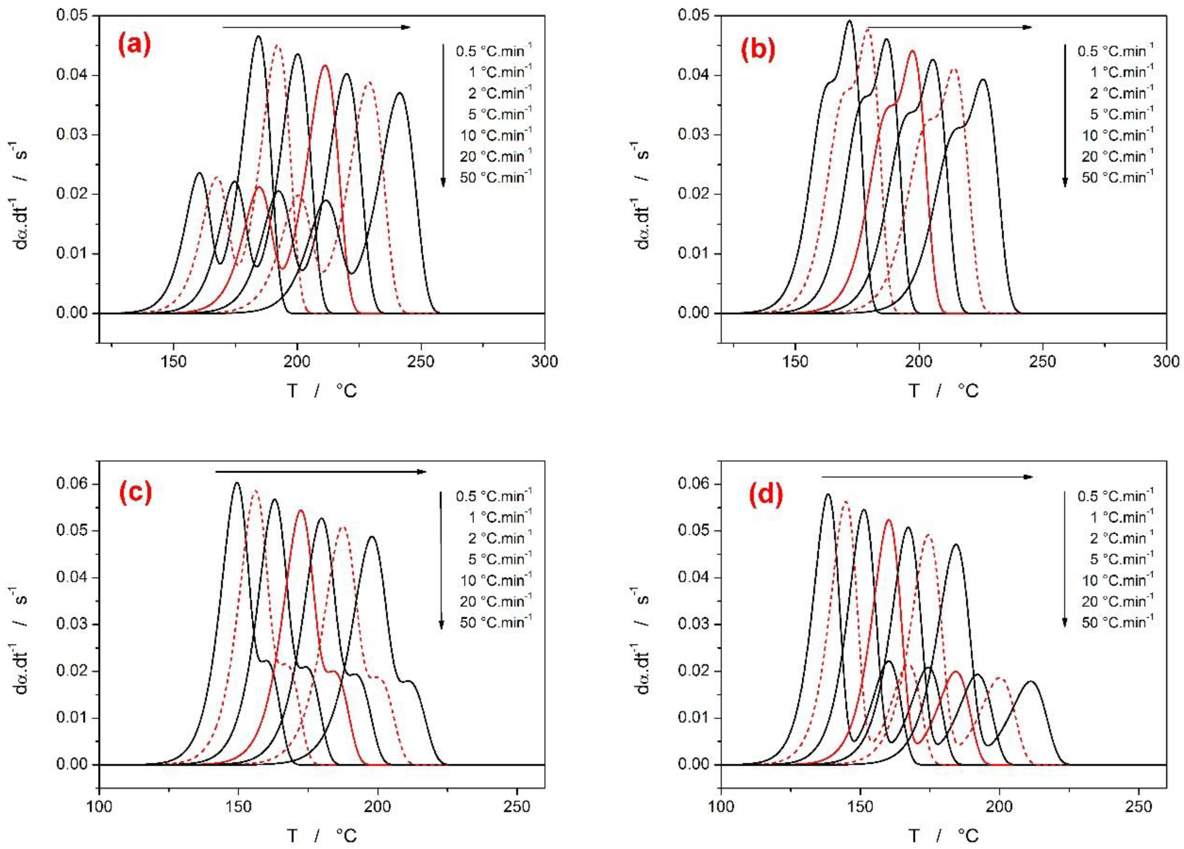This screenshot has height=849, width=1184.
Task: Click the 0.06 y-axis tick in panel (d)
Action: point(693,484)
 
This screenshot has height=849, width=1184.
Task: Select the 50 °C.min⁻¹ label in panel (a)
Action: point(495,177)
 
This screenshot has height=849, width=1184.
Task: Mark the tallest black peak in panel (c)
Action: point(236,483)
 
